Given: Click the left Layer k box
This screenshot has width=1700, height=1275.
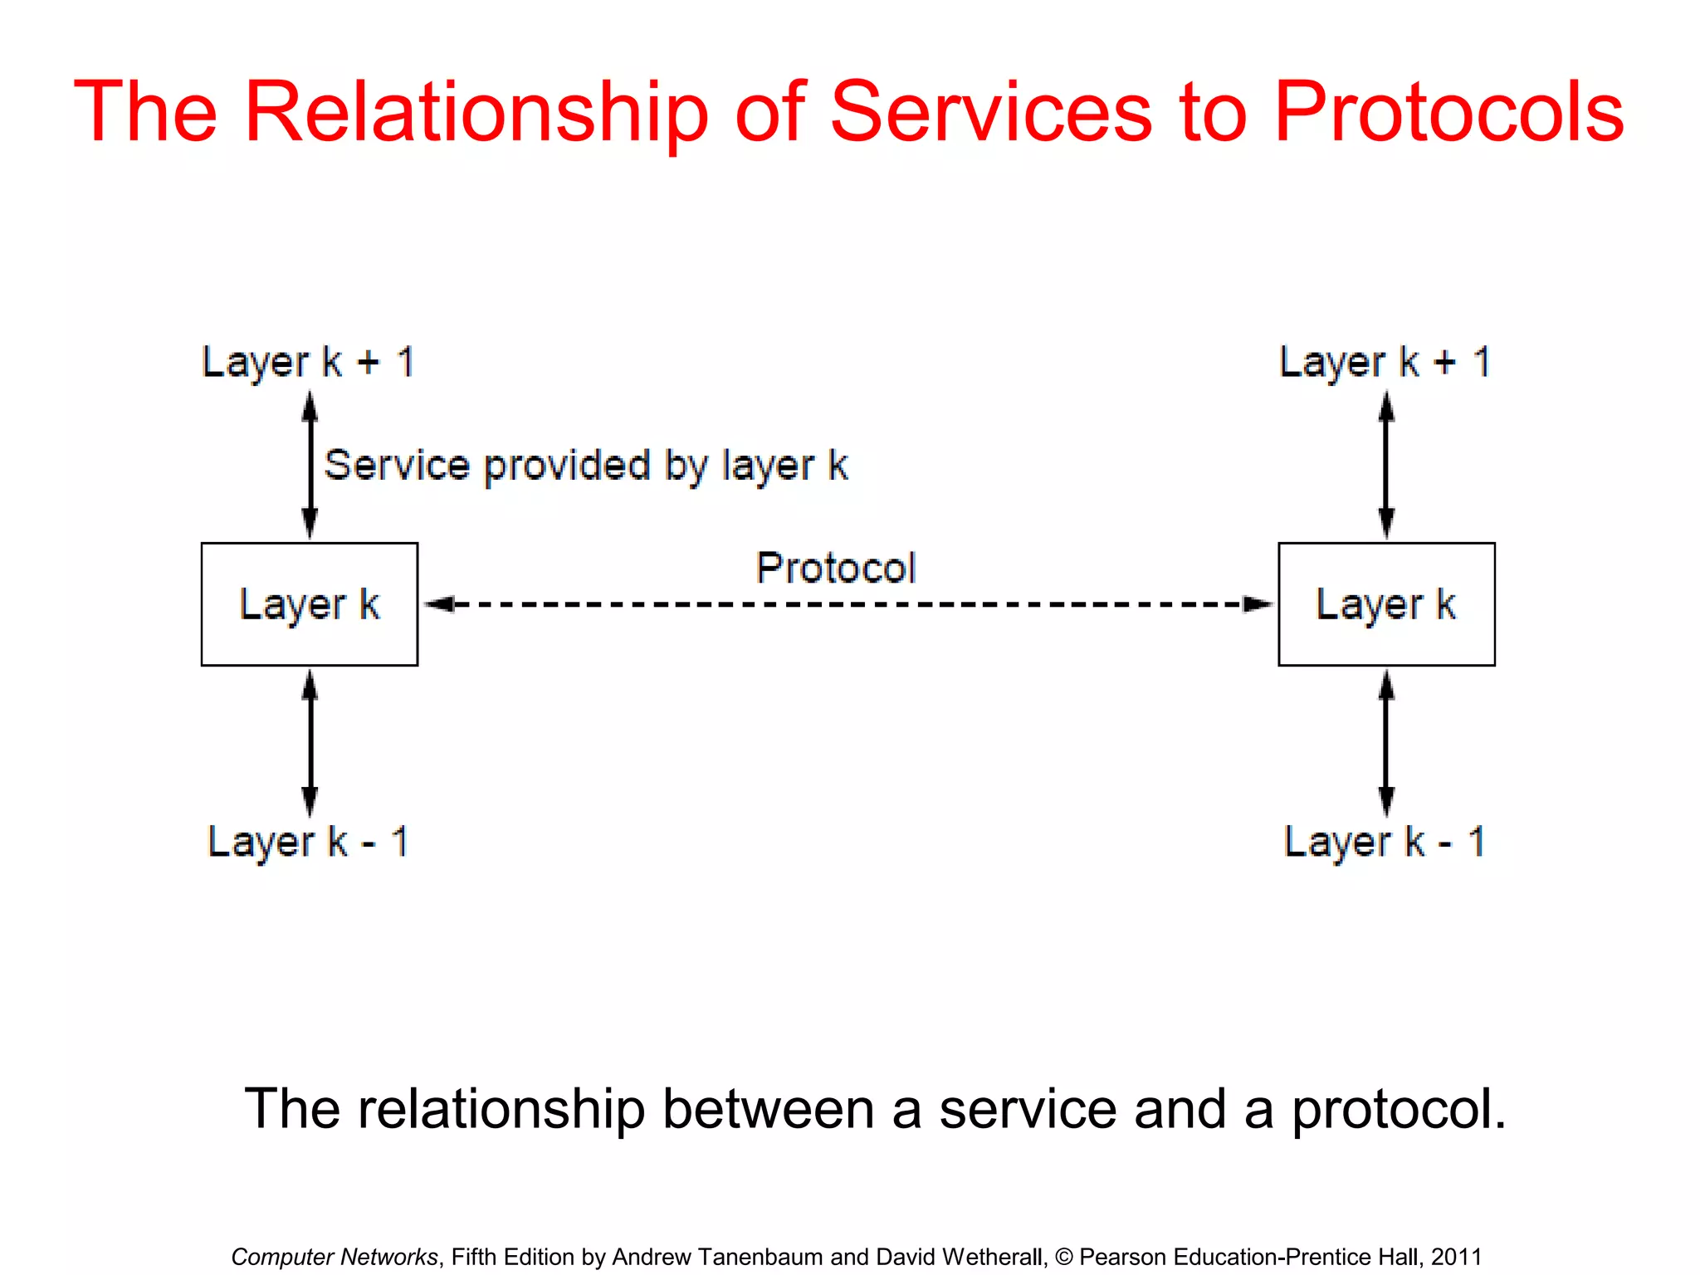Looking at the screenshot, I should tap(310, 604).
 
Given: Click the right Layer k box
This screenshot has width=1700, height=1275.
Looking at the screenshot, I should tap(1386, 604).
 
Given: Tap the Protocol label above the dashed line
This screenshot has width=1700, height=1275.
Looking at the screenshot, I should tap(836, 569).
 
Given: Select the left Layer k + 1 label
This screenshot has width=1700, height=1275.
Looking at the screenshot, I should tap(308, 363).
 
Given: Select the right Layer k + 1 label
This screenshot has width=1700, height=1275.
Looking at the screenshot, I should tap(1385, 363).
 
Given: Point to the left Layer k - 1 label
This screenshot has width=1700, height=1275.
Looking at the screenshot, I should tap(308, 843).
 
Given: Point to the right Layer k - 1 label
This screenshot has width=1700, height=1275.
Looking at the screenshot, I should tap(1385, 843).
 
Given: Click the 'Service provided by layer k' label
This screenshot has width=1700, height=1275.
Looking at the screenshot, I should tap(586, 466).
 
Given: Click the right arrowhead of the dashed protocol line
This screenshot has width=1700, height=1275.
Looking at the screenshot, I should tap(1258, 604).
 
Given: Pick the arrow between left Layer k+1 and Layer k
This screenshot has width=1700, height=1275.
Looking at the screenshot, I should tap(310, 465).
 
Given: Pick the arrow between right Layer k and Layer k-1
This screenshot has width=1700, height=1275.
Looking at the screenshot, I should tap(1386, 743).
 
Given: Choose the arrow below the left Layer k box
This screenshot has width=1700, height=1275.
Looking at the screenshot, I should tap(310, 743).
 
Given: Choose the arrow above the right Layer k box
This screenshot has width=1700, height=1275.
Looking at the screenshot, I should tap(1386, 465).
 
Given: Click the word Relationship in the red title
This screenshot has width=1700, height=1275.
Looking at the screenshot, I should tap(476, 112).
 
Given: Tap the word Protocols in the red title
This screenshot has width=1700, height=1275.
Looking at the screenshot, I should tap(1448, 112).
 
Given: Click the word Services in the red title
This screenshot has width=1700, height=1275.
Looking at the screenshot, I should tap(992, 112).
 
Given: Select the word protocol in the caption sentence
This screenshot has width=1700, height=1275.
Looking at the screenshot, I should tap(1398, 1110).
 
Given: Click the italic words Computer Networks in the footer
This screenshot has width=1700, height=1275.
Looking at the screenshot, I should tap(335, 1257).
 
